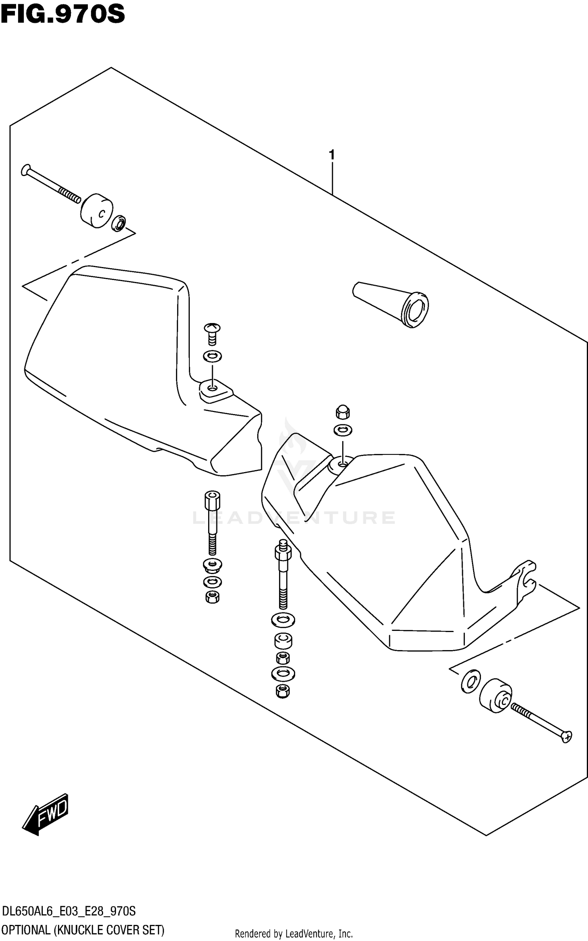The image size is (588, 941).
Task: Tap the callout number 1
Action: pos(332,155)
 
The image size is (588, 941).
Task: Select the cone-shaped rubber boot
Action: pos(392,304)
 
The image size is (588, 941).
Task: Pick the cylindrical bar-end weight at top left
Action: pos(97,211)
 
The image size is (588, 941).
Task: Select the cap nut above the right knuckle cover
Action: pos(343,412)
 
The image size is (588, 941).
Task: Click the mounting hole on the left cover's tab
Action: pos(212,388)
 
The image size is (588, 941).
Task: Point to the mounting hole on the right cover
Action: pos(343,464)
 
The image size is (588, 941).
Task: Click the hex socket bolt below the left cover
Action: pos(212,521)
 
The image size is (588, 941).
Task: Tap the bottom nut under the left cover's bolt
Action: pos(212,597)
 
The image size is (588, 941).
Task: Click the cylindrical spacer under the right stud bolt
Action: pos(283,641)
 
